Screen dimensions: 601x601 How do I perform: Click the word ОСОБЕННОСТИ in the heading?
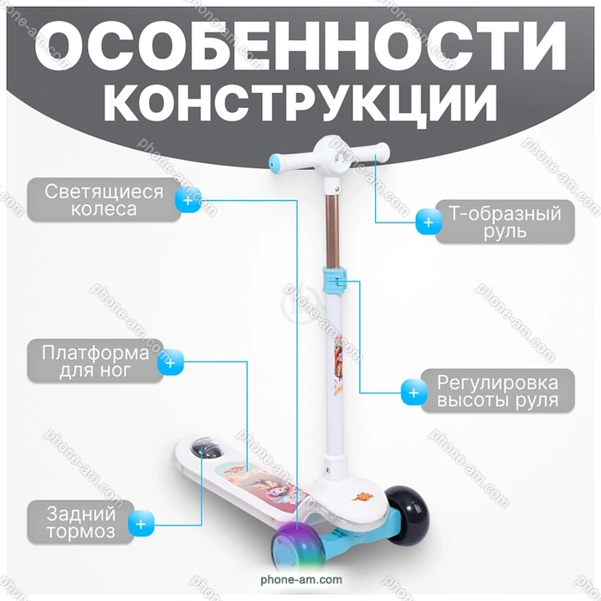[x=300, y=46]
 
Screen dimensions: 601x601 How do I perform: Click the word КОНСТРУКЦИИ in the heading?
[x=300, y=104]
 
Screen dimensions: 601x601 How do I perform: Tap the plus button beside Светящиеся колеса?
[x=187, y=200]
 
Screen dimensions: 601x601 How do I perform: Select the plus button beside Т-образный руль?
[x=429, y=222]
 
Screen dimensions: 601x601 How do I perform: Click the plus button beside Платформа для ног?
[x=171, y=362]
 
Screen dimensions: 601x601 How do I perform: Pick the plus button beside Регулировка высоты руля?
[x=414, y=393]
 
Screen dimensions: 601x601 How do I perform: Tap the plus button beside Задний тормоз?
[x=141, y=524]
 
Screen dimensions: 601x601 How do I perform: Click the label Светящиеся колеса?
[x=104, y=200]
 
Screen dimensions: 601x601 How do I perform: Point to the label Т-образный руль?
[x=505, y=222]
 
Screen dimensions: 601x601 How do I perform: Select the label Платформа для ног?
[x=95, y=361]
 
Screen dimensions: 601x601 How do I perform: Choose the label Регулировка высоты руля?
[x=497, y=391]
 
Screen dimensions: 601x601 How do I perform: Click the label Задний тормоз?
[x=81, y=522]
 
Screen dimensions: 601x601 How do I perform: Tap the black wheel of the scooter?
[x=407, y=515]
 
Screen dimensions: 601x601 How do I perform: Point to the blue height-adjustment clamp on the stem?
[x=334, y=280]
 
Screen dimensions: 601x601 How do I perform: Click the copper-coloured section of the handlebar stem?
[x=332, y=231]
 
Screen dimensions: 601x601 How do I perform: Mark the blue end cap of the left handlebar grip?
[x=275, y=162]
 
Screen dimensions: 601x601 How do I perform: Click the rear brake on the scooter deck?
[x=206, y=448]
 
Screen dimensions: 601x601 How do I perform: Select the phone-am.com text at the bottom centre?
[x=301, y=579]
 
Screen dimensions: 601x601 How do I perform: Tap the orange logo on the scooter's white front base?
[x=362, y=496]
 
